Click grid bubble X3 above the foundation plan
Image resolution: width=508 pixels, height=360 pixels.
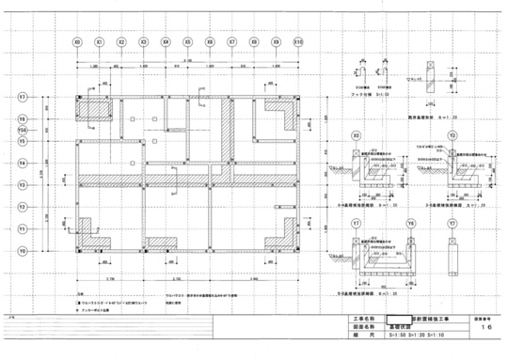(143, 42)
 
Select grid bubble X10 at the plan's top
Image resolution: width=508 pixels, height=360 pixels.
(298, 42)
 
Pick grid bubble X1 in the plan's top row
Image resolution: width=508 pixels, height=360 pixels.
(99, 42)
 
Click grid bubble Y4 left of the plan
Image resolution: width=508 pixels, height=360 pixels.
(22, 163)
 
